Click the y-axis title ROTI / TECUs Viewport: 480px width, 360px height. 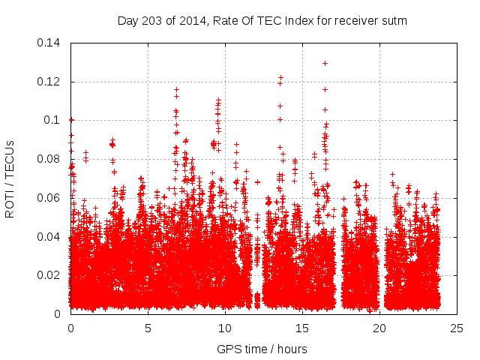pos(10,178)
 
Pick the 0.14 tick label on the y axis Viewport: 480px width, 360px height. pos(51,43)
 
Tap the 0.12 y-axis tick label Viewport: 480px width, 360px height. pos(51,82)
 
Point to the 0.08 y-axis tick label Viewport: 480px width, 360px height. pos(51,159)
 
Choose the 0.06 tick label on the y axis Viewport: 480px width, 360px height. pos(51,198)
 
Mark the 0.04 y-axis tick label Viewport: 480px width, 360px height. pos(51,237)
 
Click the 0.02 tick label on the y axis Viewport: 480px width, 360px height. pos(51,275)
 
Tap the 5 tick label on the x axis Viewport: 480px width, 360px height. pos(148,328)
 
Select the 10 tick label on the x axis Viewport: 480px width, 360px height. pos(225,328)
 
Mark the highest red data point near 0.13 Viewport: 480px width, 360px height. pos(325,63)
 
